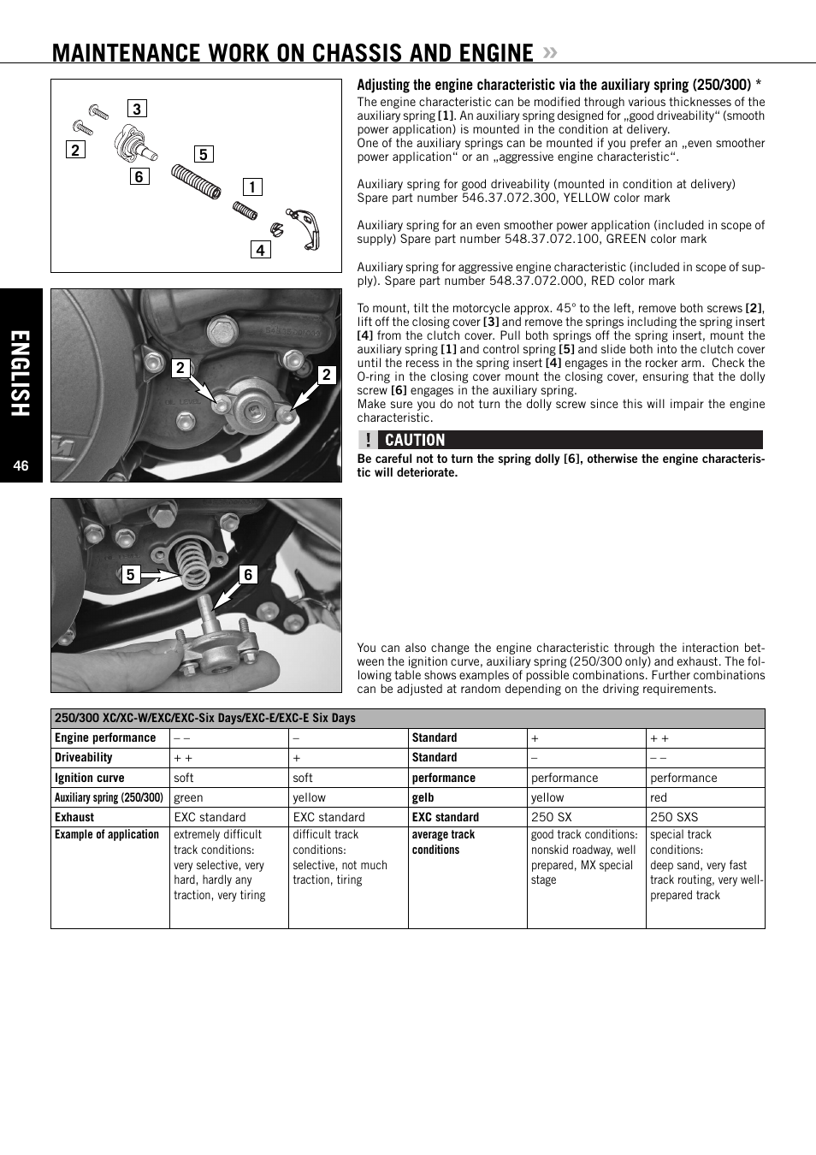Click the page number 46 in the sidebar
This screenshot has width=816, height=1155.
coord(21,465)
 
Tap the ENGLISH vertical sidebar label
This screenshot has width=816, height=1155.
coord(21,374)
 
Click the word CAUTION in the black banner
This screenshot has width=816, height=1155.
coord(415,440)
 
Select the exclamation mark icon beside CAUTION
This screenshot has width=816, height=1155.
coord(368,440)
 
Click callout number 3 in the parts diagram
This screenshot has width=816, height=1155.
coord(137,109)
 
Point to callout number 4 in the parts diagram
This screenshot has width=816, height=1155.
coord(261,250)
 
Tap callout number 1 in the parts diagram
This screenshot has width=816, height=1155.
coord(252,187)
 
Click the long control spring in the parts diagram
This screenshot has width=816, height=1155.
coord(196,181)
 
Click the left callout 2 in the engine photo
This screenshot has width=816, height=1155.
coord(180,368)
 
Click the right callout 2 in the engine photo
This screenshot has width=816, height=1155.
coord(326,374)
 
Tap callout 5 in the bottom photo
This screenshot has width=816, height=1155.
coord(130,574)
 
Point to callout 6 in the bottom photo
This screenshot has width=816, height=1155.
coord(248,574)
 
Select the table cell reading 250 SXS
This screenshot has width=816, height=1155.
coord(674,817)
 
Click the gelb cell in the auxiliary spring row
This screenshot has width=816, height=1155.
coord(423,797)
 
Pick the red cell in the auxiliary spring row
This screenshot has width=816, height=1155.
coord(659,797)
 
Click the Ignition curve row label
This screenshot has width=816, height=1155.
coord(90,778)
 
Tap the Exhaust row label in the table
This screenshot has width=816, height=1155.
coord(74,817)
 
